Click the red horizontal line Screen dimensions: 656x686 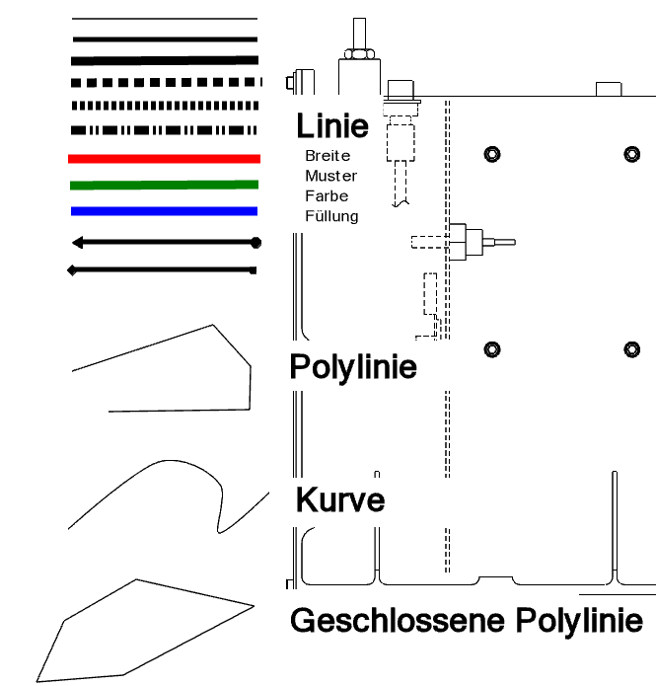tap(164, 158)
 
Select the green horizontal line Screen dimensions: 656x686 tap(164, 185)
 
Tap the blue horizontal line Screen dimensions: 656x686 tap(164, 211)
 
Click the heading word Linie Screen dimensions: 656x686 tap(332, 126)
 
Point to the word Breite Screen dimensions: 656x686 tap(328, 156)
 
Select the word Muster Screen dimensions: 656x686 tap(331, 176)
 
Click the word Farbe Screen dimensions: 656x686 tap(327, 196)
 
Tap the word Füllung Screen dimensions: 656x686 tap(331, 216)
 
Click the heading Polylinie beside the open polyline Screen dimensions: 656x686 tap(353, 367)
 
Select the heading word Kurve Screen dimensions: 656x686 tap(340, 500)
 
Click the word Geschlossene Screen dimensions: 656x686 tap(398, 621)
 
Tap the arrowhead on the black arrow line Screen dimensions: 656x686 tap(77, 243)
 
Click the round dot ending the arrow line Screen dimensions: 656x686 tap(255, 243)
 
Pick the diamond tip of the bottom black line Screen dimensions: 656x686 tap(72, 270)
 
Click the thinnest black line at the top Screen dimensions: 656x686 tap(165, 19)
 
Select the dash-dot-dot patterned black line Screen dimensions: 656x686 tap(164, 130)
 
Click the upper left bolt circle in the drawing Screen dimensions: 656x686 tap(492, 154)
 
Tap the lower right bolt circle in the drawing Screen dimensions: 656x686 tap(632, 349)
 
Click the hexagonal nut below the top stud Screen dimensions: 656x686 tap(359, 54)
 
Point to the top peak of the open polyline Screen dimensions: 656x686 tap(213, 325)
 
